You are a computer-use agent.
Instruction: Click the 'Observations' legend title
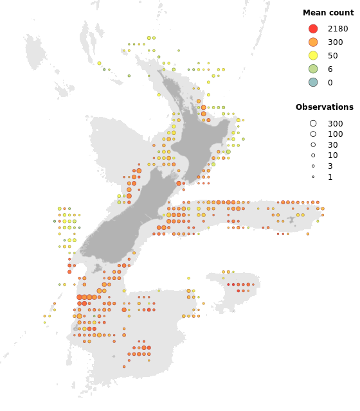tap(324, 107)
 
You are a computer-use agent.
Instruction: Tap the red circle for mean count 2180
tap(313, 29)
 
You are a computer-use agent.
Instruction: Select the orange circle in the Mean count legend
tap(313, 42)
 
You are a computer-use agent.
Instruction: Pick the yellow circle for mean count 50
tap(313, 56)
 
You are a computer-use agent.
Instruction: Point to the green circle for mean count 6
tap(313, 69)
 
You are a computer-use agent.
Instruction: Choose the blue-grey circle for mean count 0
tap(313, 82)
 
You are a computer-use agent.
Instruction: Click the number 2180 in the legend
tap(337, 29)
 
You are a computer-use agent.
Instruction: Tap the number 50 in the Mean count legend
tap(332, 56)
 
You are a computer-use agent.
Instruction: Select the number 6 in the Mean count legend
tap(330, 69)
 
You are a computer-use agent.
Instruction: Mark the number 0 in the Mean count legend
tap(330, 83)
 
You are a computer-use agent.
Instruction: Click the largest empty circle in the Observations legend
tap(313, 123)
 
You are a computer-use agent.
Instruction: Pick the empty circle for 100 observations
tap(313, 134)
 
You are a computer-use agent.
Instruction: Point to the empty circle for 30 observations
tap(313, 145)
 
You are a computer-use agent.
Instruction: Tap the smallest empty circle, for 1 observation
tap(313, 177)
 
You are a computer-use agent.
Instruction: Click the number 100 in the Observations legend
tap(335, 134)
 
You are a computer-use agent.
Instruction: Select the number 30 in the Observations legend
tap(332, 145)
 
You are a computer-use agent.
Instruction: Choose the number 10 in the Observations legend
tap(332, 155)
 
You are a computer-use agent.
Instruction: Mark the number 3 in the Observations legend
tap(330, 166)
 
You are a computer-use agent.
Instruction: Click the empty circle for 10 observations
tap(313, 155)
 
